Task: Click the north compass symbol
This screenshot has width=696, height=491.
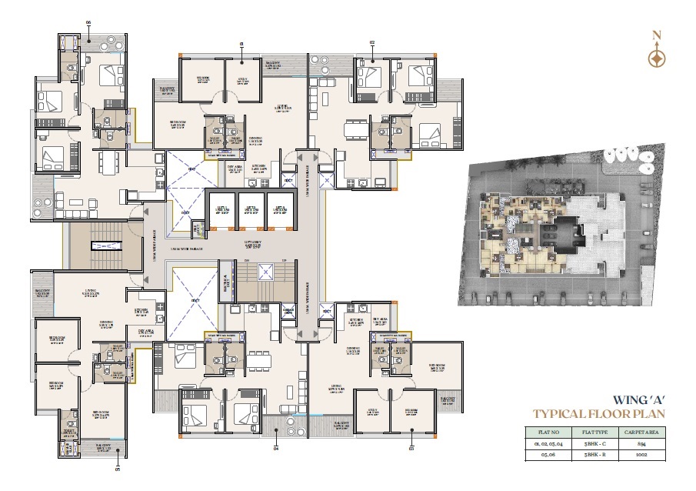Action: click(655, 57)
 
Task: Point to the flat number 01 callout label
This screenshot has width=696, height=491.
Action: click(241, 44)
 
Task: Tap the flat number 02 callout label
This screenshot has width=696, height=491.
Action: click(372, 44)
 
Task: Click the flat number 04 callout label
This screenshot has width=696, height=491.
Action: click(275, 446)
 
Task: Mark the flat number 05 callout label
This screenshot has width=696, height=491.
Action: click(118, 467)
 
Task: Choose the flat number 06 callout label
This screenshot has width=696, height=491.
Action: click(88, 23)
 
